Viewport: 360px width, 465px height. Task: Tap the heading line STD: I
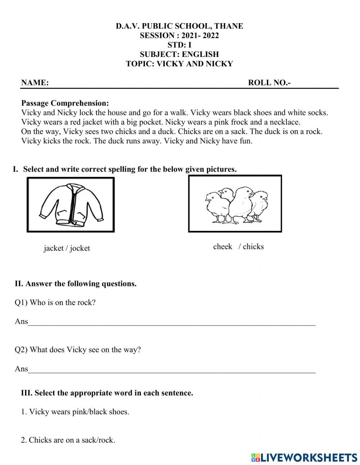[x=179, y=45]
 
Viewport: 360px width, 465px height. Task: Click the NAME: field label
[x=35, y=82]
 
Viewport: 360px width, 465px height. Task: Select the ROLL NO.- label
[x=269, y=82]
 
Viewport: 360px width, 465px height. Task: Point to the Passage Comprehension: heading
[x=65, y=103]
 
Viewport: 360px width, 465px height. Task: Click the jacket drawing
[x=71, y=205]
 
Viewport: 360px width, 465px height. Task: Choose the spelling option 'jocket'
[x=80, y=248]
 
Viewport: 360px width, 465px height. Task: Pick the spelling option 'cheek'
[x=222, y=247]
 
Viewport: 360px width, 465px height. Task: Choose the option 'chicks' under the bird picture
[x=253, y=247]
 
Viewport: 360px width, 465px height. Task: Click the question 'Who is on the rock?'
[x=63, y=303]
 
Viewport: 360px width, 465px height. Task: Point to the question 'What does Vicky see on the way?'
[x=85, y=349]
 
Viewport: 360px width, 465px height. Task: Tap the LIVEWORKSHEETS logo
[x=304, y=457]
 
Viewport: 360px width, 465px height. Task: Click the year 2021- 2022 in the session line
[x=200, y=35]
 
